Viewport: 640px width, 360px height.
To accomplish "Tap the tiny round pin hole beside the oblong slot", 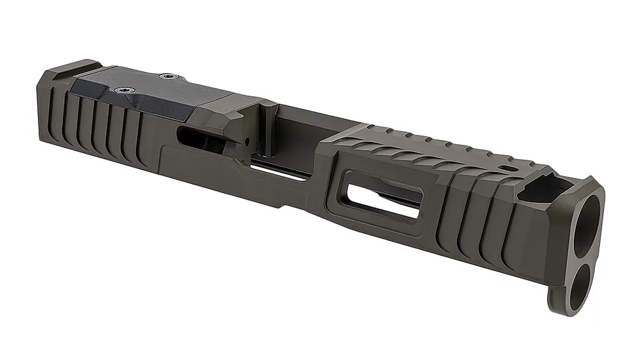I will point(247,140).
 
